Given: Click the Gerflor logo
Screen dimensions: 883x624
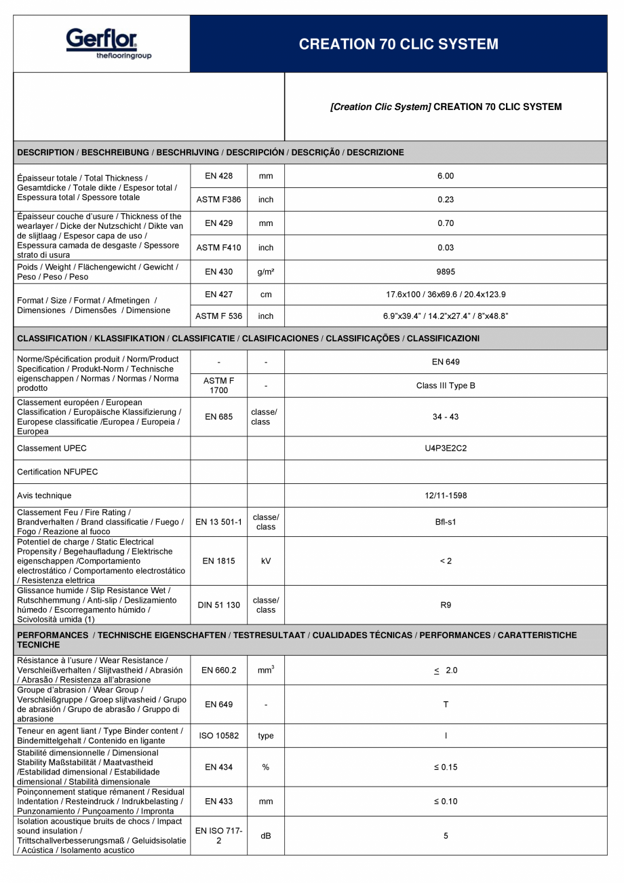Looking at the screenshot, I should [102, 43].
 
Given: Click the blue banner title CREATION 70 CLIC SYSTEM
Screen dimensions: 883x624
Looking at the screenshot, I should [398, 44].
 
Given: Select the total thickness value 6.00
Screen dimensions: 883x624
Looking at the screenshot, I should [446, 176].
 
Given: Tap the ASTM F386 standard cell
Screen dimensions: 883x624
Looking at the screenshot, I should [218, 200].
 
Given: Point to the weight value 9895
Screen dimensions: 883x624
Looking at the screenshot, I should [446, 272].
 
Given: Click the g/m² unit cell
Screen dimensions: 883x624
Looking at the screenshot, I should [266, 272].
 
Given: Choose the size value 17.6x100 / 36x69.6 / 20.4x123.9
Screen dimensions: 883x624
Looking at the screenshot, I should [446, 295].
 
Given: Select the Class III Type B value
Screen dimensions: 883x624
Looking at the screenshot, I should [446, 386].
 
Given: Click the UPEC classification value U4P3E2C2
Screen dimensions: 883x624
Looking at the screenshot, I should [446, 448].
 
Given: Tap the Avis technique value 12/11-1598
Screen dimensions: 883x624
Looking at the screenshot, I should [446, 495].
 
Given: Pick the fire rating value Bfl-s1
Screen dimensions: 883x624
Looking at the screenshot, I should [446, 522].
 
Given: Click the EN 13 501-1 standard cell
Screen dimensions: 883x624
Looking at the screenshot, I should [218, 522].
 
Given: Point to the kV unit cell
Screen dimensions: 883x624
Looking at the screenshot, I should [266, 561].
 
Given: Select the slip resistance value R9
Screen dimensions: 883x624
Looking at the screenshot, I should [446, 605].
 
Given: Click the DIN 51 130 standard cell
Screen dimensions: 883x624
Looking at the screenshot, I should [218, 605].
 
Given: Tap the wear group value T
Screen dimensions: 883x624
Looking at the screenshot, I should [446, 704].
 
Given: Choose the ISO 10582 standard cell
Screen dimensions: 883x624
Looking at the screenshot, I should [218, 736].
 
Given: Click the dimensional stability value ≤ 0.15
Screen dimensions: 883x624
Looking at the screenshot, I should [446, 767].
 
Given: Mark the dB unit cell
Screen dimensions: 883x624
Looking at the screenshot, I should [266, 836].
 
